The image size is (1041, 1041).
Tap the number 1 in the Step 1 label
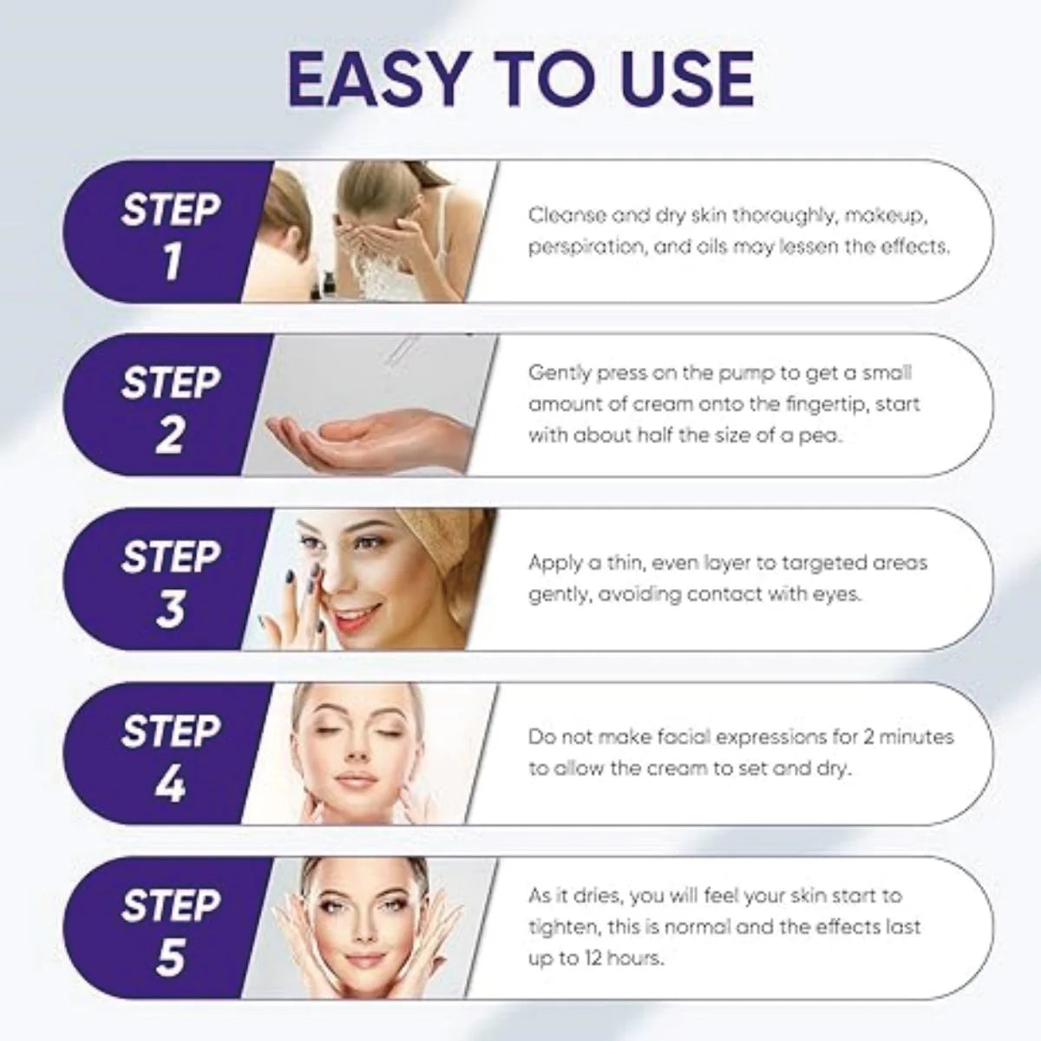pos(171,261)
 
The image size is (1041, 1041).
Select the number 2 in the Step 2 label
pos(171,435)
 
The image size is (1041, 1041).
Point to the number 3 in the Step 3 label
pos(171,609)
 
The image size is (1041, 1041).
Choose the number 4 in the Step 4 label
pos(171,783)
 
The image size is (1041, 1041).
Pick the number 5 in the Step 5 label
pos(171,958)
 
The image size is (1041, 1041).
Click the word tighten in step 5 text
pos(564,927)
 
